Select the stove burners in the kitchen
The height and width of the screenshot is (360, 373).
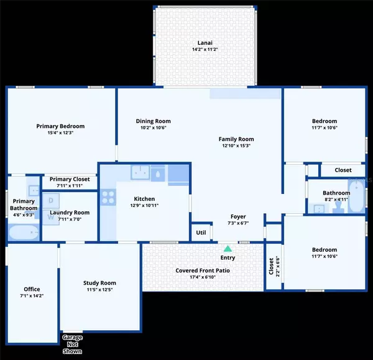tap(108, 197)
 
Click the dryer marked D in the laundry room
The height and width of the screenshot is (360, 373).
tap(52, 200)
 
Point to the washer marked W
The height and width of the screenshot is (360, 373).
tap(52, 218)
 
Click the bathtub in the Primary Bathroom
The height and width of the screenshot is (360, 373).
tap(24, 232)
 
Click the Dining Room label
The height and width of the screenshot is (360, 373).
tap(153, 121)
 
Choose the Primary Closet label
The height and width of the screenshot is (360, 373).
tap(70, 179)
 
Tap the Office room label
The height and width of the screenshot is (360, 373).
tap(32, 289)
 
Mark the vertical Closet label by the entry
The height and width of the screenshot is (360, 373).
tap(271, 267)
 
